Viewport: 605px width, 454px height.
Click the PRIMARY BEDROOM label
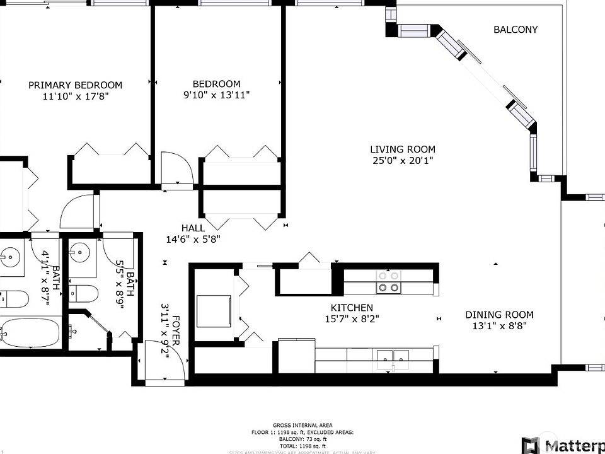(x=75, y=85)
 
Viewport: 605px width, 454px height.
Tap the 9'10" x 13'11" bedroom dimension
(x=216, y=95)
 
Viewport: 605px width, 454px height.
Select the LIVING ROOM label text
(x=402, y=149)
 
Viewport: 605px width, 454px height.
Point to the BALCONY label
(x=516, y=30)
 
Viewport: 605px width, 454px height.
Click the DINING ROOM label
(x=499, y=315)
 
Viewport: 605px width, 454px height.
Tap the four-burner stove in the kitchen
(x=388, y=282)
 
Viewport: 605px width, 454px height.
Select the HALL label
(x=193, y=228)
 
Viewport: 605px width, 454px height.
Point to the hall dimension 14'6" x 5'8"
(x=193, y=239)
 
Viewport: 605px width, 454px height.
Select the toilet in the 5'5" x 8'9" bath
(x=84, y=293)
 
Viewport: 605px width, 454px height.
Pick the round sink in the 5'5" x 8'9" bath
(x=81, y=255)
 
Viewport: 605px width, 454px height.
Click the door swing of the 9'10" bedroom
(x=176, y=166)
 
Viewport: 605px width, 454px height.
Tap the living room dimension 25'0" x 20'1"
(x=402, y=160)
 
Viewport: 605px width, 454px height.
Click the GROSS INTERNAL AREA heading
(x=302, y=425)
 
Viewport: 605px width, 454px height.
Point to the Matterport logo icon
(x=531, y=444)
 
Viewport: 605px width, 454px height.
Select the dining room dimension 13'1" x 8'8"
(x=499, y=326)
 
